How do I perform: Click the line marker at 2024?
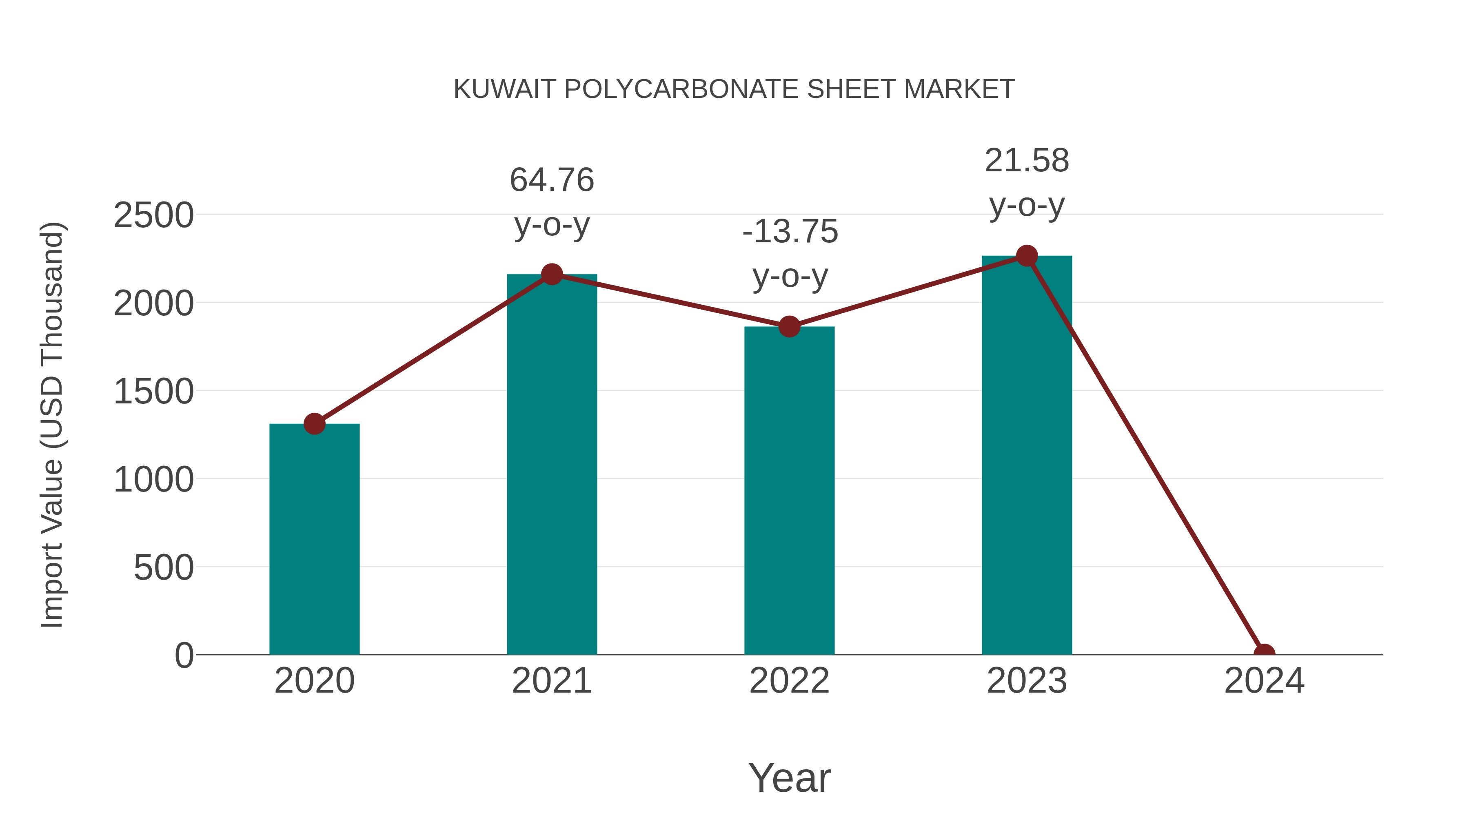tap(1264, 653)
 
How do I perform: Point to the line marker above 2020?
tap(314, 423)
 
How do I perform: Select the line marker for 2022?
tap(789, 327)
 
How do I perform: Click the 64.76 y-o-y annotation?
tap(551, 202)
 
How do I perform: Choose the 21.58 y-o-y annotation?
tap(1027, 182)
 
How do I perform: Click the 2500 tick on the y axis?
tap(153, 215)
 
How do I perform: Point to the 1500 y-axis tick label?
tap(153, 392)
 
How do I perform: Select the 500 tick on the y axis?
tap(163, 568)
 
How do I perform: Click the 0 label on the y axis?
tap(184, 655)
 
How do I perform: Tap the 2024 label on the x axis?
tap(1264, 681)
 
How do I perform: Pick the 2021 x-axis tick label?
tap(551, 681)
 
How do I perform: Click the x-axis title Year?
tap(789, 777)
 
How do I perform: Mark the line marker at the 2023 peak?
tap(1027, 256)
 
